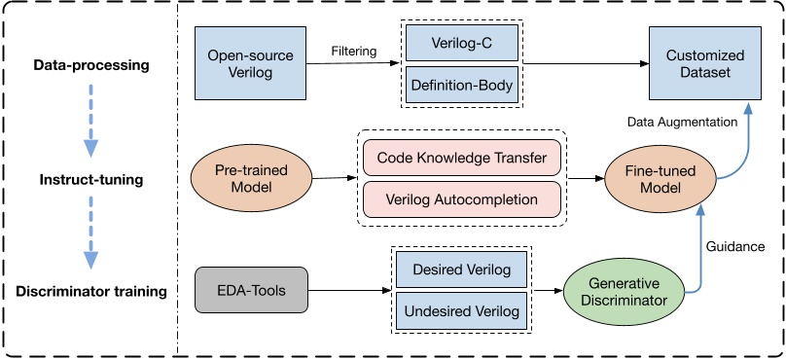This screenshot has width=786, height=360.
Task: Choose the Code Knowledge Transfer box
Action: [462, 158]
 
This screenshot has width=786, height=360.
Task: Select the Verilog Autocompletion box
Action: [462, 199]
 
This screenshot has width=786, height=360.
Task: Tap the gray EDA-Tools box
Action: [250, 289]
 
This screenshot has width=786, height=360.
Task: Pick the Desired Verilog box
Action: [461, 269]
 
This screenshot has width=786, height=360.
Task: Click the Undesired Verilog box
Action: [461, 310]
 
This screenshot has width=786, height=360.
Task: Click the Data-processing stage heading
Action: [90, 65]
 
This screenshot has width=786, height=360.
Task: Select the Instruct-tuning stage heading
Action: [90, 180]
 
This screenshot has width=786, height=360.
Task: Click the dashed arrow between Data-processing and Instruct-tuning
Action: [90, 122]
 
